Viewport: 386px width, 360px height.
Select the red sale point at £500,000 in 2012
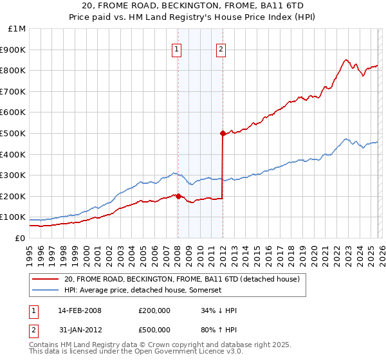(x=223, y=134)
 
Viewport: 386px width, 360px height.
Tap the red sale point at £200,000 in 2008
(x=178, y=197)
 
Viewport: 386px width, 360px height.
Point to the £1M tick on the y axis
(x=17, y=29)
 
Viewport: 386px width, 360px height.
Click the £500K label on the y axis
(x=14, y=134)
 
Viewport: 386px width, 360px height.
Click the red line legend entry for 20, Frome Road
(x=182, y=280)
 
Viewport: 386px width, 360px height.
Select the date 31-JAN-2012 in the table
(x=79, y=330)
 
